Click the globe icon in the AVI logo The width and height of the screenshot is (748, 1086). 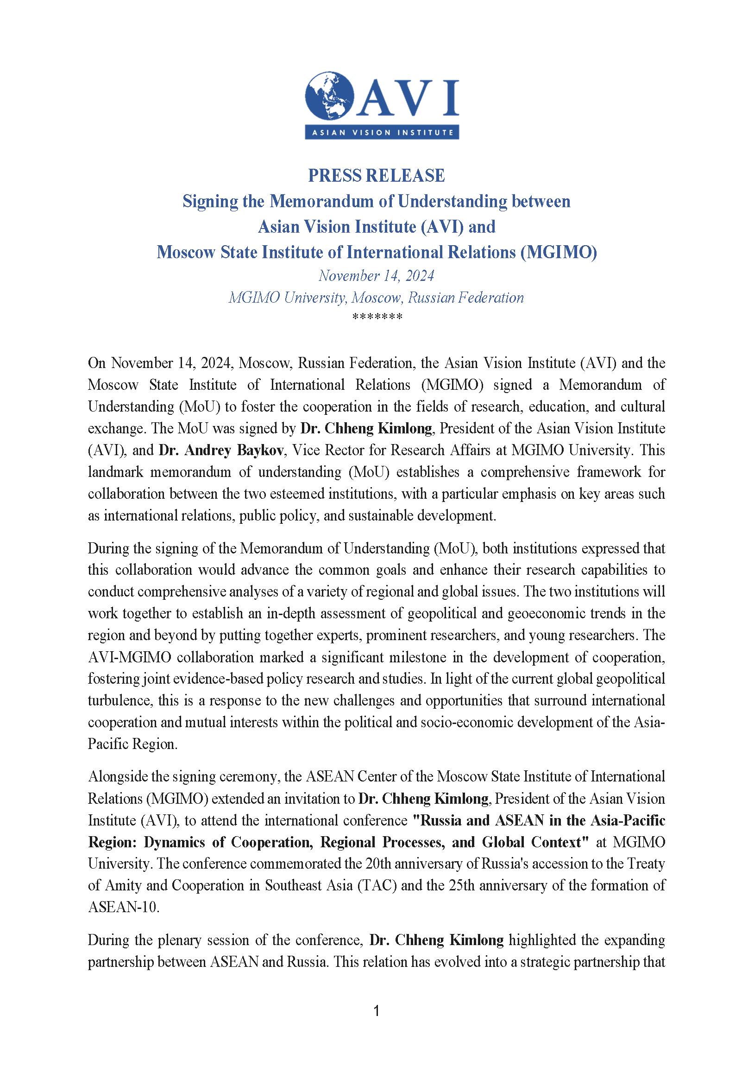329,95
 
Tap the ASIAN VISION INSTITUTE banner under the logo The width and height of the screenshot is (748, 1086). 382,132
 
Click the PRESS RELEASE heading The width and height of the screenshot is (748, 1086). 377,175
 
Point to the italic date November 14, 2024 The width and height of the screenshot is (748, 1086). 377,276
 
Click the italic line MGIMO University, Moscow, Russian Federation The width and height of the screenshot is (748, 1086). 376,298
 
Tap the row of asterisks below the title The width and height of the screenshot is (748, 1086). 377,318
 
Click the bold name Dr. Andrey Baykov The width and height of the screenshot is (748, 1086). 221,450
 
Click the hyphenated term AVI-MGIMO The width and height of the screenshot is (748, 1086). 129,657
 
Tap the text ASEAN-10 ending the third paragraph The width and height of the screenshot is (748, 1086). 123,907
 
